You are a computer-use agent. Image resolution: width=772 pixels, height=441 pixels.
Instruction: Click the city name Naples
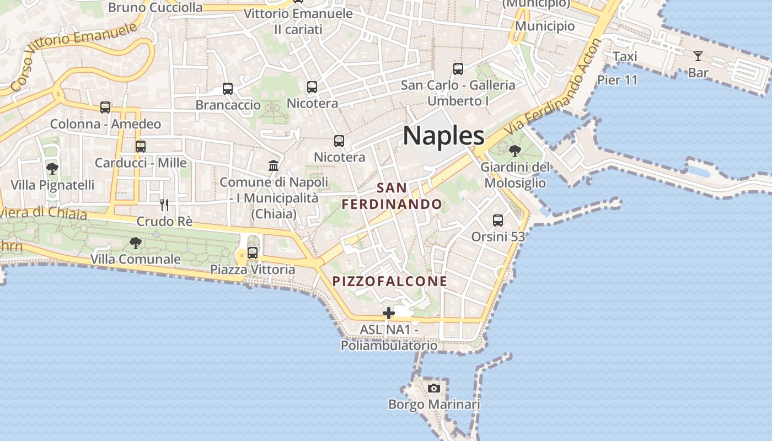pos(443,136)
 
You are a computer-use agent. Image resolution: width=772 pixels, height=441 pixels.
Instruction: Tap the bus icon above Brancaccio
pos(227,88)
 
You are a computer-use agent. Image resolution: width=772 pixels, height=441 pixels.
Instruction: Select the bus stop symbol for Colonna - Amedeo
pos(105,107)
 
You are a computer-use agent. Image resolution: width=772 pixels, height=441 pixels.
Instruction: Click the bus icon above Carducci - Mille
pos(141,147)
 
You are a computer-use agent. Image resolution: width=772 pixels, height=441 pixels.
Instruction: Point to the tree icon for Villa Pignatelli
pos(52,168)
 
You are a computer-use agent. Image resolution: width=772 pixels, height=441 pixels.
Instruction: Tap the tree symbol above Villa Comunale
pos(135,243)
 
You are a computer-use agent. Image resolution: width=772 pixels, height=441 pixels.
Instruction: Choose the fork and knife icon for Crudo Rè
pos(164,205)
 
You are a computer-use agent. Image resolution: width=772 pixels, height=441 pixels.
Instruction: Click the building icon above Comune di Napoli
pos(273,165)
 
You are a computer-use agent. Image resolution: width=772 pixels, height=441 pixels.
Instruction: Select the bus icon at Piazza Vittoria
pos(253,253)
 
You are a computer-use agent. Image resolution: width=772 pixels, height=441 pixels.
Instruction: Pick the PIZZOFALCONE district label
pos(390,281)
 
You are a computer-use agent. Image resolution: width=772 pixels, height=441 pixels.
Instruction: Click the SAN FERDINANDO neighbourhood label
pos(392,196)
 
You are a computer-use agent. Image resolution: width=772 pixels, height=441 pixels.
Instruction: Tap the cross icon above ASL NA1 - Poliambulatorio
pos(389,313)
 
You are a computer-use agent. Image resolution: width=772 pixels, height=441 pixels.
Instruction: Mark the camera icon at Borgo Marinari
pos(434,388)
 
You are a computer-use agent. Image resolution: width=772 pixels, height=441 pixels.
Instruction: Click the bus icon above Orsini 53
pos(498,220)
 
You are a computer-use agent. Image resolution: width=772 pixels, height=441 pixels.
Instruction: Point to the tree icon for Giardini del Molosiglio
pos(515,150)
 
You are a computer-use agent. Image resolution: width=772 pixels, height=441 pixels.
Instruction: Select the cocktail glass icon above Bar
pos(698,56)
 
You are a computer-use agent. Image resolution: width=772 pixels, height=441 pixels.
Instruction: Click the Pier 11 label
pos(617,80)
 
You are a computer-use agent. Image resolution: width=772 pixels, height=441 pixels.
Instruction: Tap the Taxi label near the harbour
pos(625,56)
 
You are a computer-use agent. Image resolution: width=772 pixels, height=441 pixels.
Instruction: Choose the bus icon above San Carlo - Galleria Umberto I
pos(458,69)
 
